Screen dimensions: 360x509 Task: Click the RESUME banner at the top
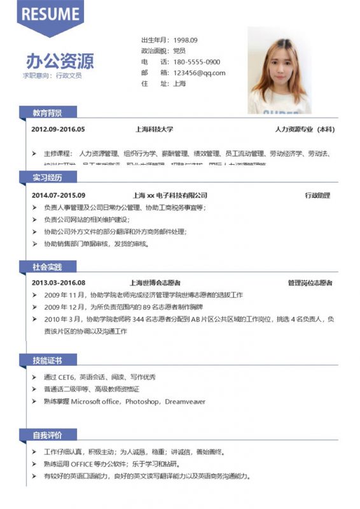tap(50, 15)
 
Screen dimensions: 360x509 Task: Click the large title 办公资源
tap(60, 61)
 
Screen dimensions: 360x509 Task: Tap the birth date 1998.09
tap(186, 39)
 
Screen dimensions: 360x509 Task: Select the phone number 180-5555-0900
tap(197, 62)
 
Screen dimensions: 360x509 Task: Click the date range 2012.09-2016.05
tap(58, 129)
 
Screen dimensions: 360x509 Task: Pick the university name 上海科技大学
tap(154, 129)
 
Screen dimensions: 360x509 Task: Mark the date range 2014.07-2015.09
tap(58, 195)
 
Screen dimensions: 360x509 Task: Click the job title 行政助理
tap(317, 195)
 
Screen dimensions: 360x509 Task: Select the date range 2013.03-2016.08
tap(58, 282)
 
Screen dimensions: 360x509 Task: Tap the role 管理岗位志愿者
tap(310, 282)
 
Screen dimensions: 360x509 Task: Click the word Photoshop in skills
tap(142, 401)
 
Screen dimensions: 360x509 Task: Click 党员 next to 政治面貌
tap(179, 50)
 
